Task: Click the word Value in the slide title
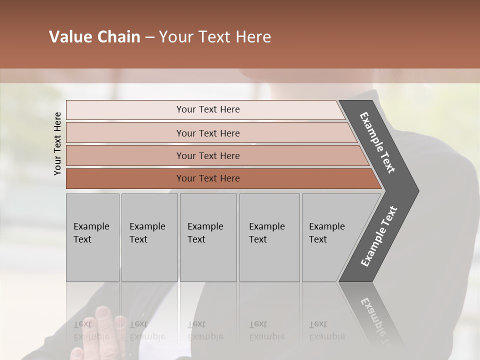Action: pyautogui.click(x=69, y=37)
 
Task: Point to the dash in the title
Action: pyautogui.click(x=149, y=37)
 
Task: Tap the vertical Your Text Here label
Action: pyautogui.click(x=57, y=143)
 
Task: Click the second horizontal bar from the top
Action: pyautogui.click(x=208, y=133)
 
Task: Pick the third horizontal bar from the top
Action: pyautogui.click(x=208, y=155)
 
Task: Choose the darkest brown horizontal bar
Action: pyautogui.click(x=208, y=178)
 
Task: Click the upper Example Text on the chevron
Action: pyautogui.click(x=377, y=142)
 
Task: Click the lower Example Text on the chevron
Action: pyautogui.click(x=378, y=236)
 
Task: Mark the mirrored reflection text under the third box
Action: pyautogui.click(x=205, y=330)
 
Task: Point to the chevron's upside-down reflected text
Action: pyautogui.click(x=380, y=320)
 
